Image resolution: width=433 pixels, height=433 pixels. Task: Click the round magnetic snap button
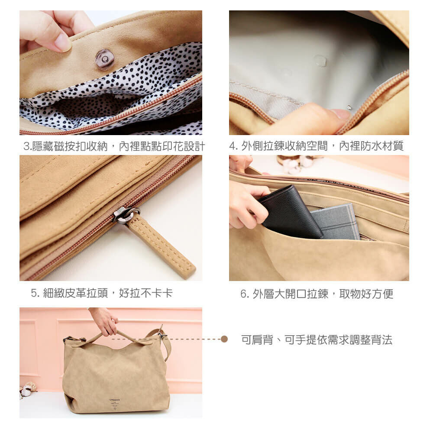point(104,58)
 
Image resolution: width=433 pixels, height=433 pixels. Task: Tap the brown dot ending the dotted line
point(224,339)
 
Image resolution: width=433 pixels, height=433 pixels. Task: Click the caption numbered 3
point(114,146)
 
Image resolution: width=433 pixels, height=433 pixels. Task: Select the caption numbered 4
point(316,146)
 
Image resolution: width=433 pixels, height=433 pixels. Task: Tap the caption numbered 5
point(102,293)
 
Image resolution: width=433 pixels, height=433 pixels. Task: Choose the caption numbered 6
point(317,294)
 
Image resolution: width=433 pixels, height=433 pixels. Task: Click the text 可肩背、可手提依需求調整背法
point(317,340)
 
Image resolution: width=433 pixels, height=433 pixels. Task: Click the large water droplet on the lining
point(320,61)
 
